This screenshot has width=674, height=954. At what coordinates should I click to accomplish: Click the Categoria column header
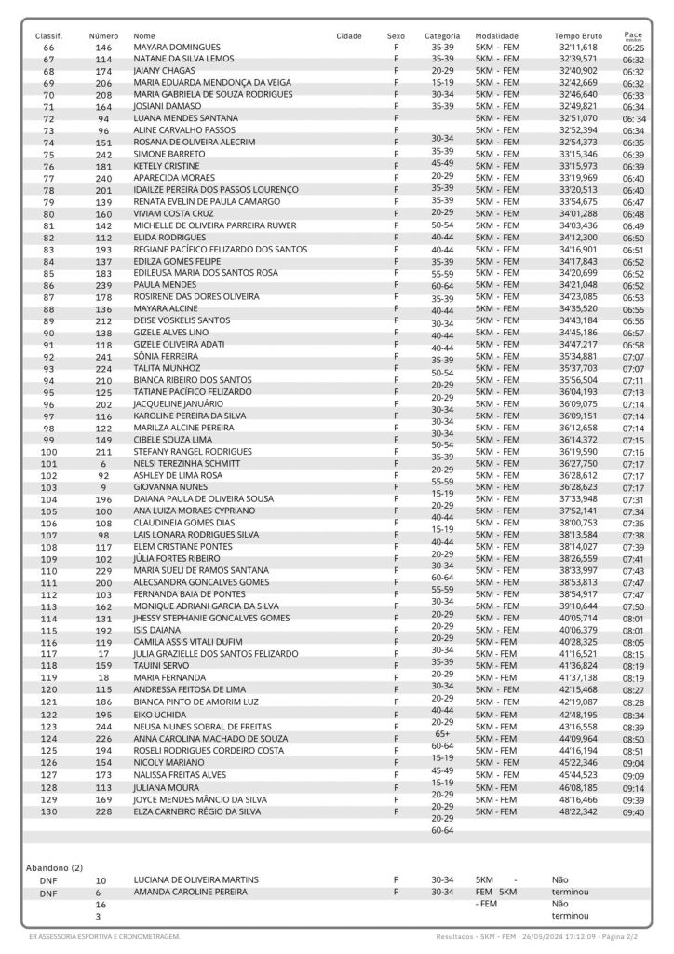tap(442, 35)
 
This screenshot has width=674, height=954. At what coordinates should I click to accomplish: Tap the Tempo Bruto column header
tap(578, 35)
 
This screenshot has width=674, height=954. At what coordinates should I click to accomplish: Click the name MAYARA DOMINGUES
tap(177, 47)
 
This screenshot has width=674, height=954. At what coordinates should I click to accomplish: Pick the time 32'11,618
tap(578, 47)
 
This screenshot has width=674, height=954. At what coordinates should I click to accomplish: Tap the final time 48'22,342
tap(578, 811)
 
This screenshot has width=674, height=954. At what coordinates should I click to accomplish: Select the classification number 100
tap(49, 452)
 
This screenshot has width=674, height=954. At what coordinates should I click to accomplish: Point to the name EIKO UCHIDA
tap(161, 715)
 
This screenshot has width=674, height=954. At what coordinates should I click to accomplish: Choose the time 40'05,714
tap(578, 619)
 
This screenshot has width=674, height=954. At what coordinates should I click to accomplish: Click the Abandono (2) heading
tap(54, 867)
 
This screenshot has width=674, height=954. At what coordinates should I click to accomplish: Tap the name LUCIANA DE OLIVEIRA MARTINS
tap(195, 879)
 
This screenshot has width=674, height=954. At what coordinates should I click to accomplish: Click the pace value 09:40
tap(633, 812)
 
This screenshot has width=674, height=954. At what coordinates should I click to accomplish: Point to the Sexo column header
tap(396, 35)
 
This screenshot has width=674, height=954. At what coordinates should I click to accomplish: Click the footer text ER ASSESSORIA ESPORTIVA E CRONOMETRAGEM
tap(104, 935)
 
